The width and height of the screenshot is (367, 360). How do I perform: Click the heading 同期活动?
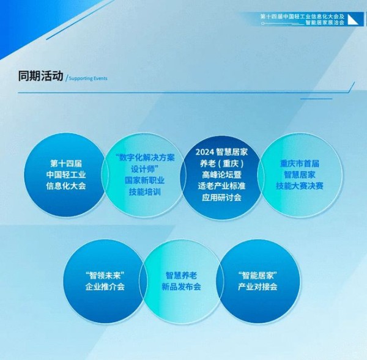[x=41, y=76]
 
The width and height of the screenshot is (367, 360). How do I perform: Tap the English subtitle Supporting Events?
[x=88, y=78]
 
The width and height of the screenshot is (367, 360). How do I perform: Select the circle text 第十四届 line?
[x=66, y=163]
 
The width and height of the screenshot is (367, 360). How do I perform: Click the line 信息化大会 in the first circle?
[x=66, y=186]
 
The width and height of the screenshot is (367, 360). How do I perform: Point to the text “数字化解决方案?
[x=145, y=158]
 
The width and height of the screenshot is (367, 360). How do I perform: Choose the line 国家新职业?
[x=144, y=180]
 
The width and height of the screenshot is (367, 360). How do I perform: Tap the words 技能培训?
[x=144, y=192]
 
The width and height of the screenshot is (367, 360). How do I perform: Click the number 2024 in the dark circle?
[x=205, y=152]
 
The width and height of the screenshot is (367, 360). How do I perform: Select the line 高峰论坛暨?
[x=221, y=175]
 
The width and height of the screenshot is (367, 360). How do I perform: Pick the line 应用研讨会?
[x=221, y=197]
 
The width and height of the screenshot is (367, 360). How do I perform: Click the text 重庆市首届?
[x=300, y=163]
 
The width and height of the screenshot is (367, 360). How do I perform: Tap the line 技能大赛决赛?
[x=300, y=186]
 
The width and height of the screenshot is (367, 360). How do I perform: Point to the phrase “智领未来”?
[x=105, y=275]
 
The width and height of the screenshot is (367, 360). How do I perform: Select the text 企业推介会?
[x=105, y=287]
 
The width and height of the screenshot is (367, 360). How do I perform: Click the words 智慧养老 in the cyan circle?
[x=181, y=275]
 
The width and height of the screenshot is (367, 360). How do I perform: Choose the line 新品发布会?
[x=181, y=287]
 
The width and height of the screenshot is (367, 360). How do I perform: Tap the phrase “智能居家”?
[x=258, y=275]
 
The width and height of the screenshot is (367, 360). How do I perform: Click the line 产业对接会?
[x=258, y=287]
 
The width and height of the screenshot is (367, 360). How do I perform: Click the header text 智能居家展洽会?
[x=325, y=23]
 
